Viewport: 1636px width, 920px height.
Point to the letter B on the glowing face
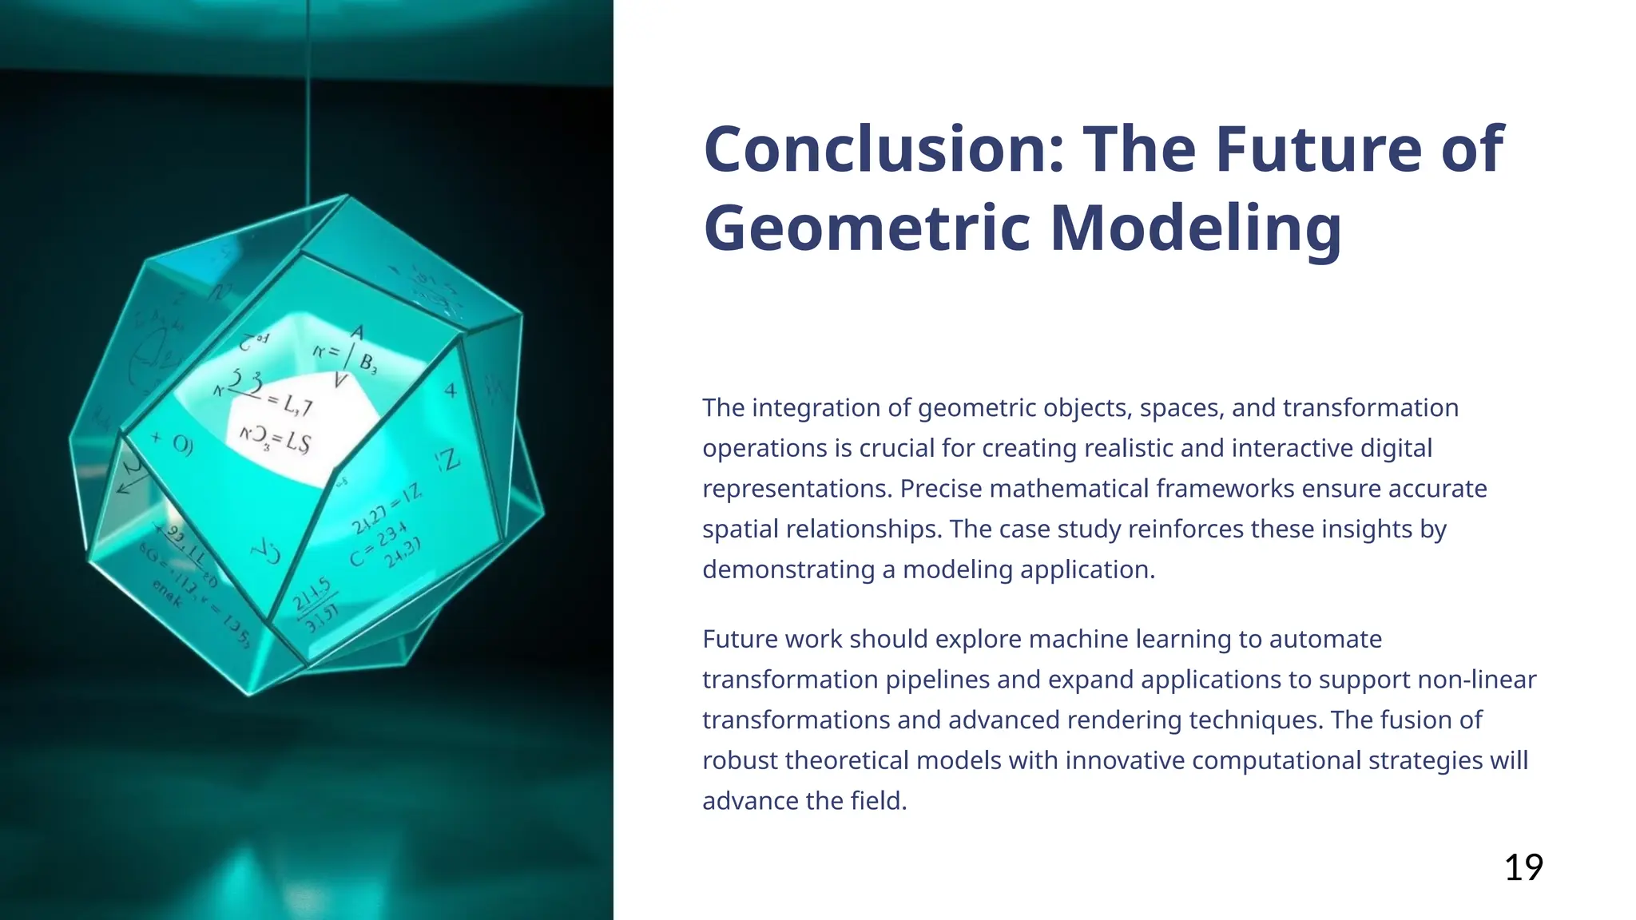pyautogui.click(x=367, y=362)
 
